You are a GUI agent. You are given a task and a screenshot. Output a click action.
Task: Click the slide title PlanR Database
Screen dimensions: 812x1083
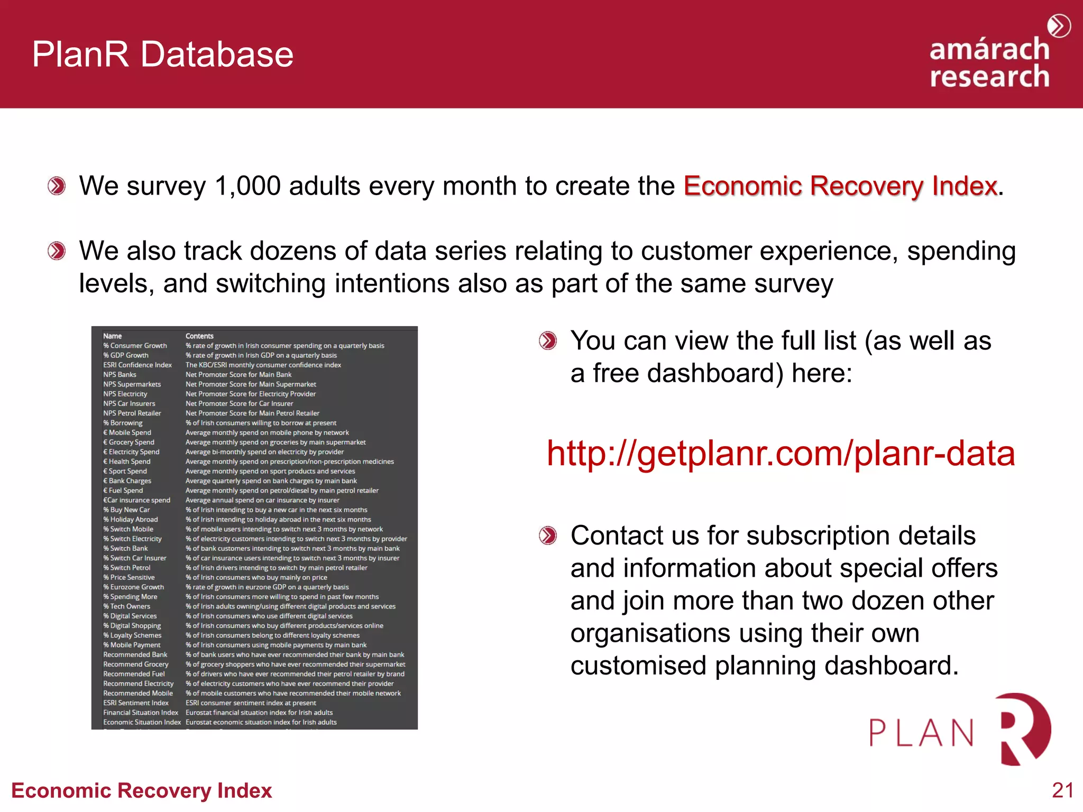162,54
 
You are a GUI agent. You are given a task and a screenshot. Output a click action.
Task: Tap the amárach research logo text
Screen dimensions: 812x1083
989,63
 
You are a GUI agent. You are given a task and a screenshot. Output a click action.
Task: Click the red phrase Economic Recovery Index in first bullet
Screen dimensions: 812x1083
840,186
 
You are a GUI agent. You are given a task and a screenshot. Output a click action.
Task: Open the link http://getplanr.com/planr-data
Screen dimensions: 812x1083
781,454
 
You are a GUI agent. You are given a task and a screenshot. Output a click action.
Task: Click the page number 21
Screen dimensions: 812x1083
1062,790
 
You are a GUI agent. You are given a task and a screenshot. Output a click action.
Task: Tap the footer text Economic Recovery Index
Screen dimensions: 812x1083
141,790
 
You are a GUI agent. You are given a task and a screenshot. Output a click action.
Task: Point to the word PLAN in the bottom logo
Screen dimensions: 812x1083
922,733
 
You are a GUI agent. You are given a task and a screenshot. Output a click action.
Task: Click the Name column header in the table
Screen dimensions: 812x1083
112,336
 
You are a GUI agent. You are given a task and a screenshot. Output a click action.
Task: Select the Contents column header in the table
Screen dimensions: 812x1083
199,336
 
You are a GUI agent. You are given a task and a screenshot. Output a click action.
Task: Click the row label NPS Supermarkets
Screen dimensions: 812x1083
132,384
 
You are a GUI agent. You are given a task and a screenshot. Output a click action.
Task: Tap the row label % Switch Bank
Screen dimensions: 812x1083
125,549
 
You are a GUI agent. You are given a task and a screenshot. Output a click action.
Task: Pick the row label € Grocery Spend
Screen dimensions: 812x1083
129,442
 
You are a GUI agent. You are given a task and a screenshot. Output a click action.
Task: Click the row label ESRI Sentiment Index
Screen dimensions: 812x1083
136,703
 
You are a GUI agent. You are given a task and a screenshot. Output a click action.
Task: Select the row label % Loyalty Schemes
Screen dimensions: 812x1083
132,635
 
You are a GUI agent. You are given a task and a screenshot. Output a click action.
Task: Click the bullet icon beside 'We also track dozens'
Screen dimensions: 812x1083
57,251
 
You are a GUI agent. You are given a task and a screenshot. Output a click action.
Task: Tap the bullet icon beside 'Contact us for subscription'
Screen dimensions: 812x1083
548,536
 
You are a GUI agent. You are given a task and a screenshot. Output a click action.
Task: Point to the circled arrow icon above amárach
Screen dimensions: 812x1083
1059,26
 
